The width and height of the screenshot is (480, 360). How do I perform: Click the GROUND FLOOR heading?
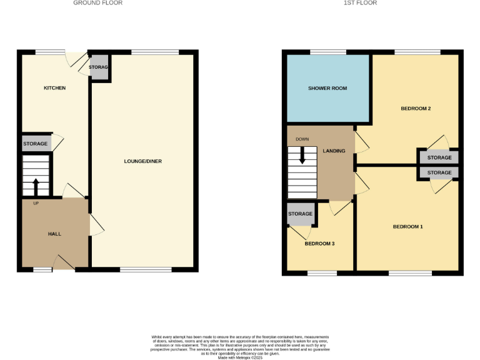pos(97,3)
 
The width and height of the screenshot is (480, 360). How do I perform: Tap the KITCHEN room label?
pos(54,88)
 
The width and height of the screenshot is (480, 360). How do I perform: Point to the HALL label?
pos(55,234)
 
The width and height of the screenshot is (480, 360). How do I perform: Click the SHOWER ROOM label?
pos(327,89)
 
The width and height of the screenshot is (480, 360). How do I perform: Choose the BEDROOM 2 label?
pos(416,109)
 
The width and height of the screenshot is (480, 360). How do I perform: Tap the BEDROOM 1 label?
pos(407,226)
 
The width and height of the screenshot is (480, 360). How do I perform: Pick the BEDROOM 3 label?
pos(320,243)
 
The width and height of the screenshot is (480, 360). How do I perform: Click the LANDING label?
pos(334,151)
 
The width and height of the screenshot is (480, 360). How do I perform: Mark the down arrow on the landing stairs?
pos(302,155)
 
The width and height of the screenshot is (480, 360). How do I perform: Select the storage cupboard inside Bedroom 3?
pos(301,214)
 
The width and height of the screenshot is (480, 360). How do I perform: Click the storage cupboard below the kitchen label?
pos(36,144)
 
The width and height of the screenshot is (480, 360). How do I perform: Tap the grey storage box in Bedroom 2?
pos(439,157)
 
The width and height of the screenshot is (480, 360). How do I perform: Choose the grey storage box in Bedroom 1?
pos(439,172)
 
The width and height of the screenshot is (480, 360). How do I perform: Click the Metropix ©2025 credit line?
pos(239,357)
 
